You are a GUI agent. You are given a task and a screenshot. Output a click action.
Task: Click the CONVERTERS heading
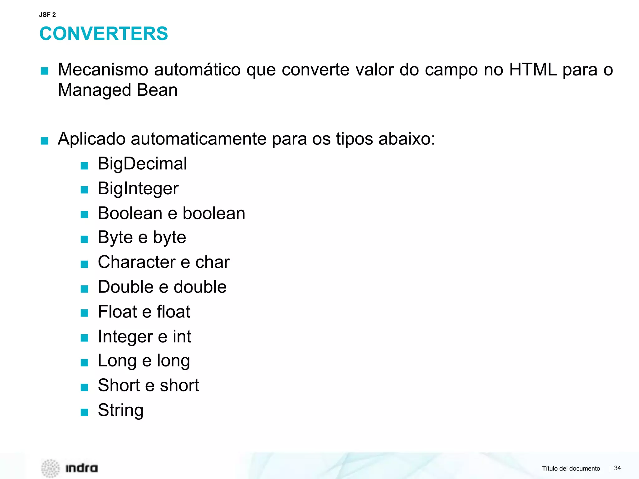pos(104,34)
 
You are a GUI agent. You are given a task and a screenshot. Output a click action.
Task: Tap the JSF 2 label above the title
pos(47,15)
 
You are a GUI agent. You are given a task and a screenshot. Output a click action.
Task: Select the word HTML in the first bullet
pos(533,70)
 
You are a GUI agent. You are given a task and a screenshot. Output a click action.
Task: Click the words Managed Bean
pos(118,90)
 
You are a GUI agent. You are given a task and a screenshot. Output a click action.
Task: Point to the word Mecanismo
pos(103,70)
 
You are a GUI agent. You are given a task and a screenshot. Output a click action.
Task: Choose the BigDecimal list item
pos(142,164)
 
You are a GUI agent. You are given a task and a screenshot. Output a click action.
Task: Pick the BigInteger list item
pos(138,189)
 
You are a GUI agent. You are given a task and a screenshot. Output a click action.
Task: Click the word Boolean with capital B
pos(130,213)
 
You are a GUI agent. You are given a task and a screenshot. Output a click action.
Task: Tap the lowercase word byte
pos(169,238)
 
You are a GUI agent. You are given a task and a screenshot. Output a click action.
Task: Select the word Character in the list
pos(136,262)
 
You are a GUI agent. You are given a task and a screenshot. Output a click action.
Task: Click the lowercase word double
pos(200,287)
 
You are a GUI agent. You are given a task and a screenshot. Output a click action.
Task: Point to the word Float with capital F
pos(117,312)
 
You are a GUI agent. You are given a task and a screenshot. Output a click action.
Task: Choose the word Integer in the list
pos(125,337)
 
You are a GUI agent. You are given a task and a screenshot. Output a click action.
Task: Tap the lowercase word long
pos(173,361)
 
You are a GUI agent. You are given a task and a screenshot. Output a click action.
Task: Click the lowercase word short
pos(179,385)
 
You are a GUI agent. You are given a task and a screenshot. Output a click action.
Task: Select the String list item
pos(121,410)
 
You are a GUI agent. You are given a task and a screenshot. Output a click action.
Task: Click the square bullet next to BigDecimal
pos(84,166)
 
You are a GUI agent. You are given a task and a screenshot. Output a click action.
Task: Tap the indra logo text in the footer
pos(81,468)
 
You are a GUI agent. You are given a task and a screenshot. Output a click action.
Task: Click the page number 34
pos(617,468)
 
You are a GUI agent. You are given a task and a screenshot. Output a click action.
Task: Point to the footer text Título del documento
pos(571,468)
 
